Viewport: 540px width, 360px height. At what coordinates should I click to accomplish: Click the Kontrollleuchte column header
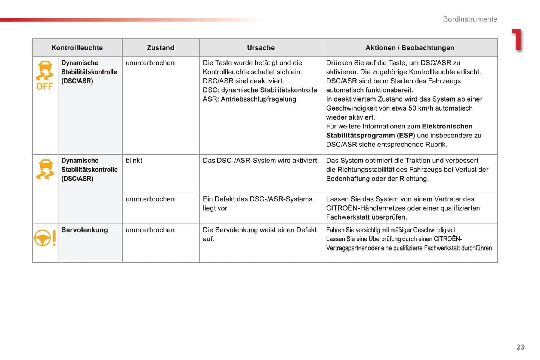click(77, 48)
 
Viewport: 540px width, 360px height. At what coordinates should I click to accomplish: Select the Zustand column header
click(160, 48)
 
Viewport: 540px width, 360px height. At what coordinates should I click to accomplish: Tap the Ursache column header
click(261, 48)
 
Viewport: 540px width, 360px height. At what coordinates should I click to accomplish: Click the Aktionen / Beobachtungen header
click(410, 48)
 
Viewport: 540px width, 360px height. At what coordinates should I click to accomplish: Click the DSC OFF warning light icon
click(45, 75)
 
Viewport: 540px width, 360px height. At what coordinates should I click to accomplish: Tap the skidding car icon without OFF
click(45, 169)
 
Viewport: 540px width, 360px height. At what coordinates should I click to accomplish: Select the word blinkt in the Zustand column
click(134, 161)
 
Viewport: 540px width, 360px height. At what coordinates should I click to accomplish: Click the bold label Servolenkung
click(84, 230)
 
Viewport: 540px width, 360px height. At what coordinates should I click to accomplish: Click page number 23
click(520, 347)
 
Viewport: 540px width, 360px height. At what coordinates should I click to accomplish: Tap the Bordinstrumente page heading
click(470, 19)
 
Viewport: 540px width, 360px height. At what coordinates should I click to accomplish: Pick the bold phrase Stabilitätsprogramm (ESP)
click(370, 136)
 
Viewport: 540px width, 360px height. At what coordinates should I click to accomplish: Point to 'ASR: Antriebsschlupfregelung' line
click(249, 99)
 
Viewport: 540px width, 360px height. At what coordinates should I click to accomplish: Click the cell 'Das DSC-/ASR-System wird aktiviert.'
click(260, 161)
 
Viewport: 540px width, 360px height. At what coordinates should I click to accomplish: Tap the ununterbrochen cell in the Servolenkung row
click(150, 230)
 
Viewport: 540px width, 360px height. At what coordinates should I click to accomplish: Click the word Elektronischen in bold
click(447, 127)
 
